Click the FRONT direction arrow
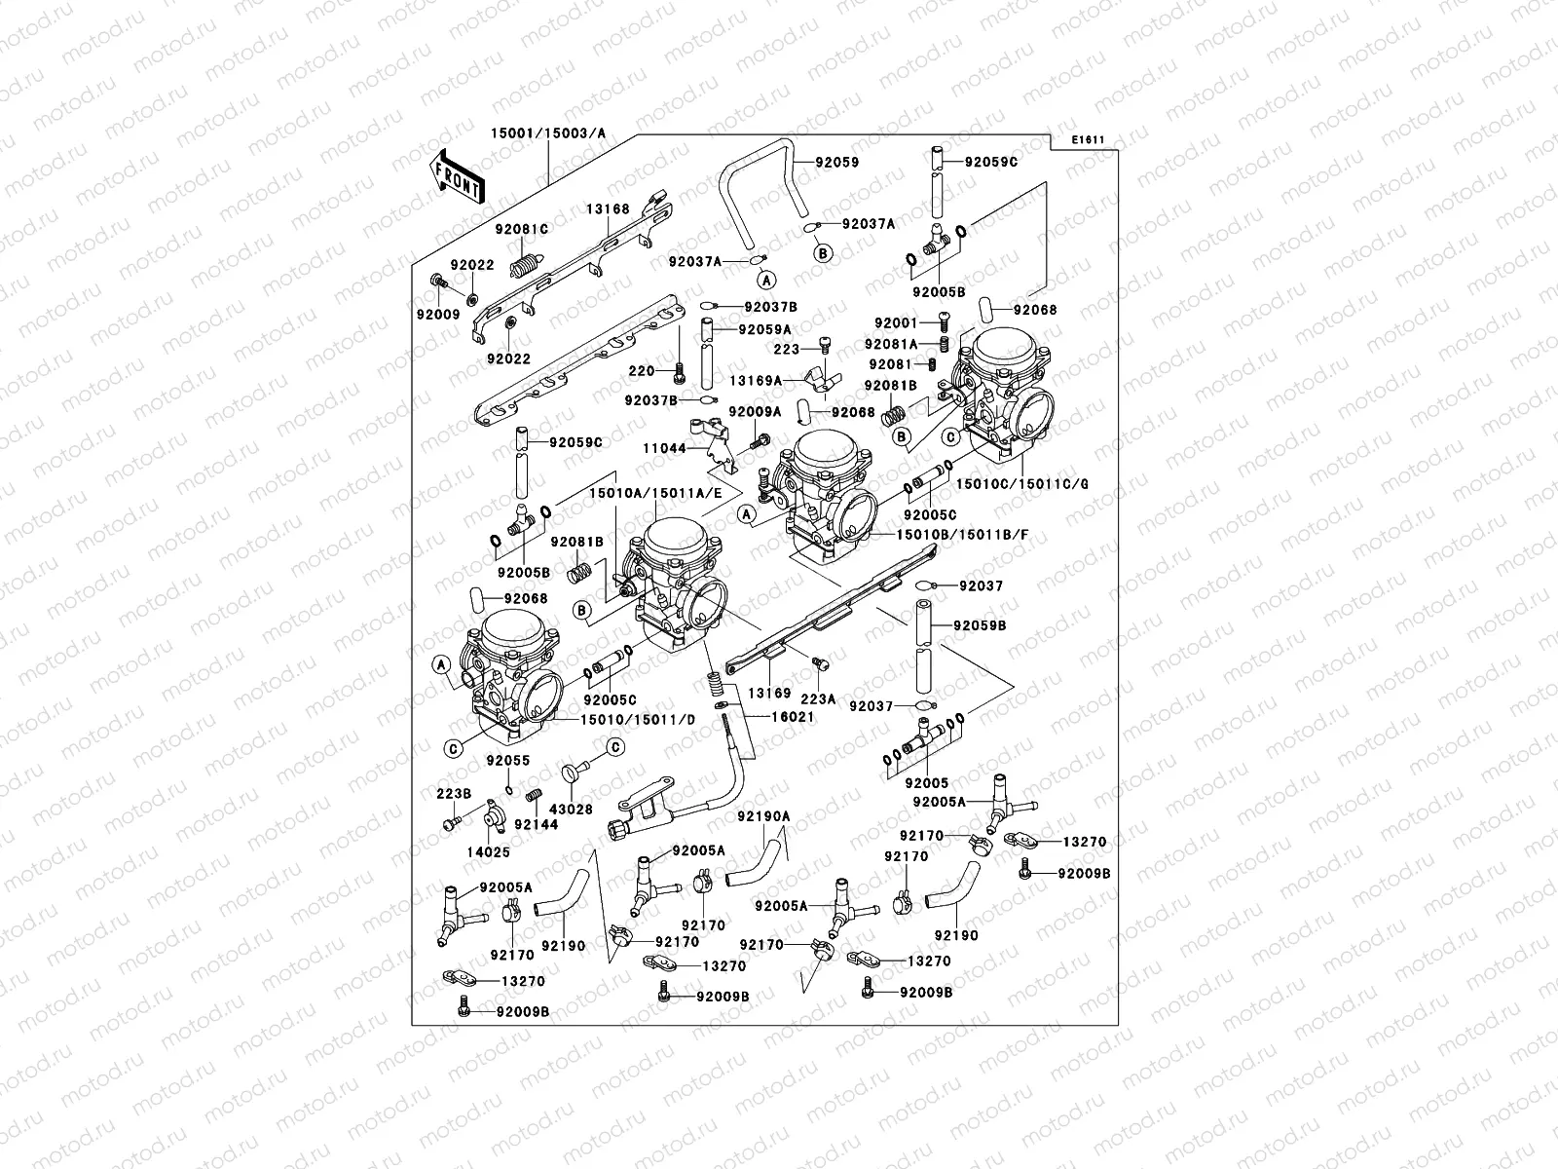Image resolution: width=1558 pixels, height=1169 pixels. point(457,174)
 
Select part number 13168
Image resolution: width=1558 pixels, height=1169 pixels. point(608,209)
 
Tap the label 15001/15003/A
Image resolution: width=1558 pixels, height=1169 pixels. point(547,132)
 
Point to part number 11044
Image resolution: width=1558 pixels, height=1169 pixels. point(664,448)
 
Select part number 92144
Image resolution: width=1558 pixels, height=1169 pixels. point(536,824)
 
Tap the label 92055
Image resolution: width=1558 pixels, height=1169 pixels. point(507,761)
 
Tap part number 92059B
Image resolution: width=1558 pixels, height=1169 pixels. point(980,624)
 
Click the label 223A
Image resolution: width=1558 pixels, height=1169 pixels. point(818,698)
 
